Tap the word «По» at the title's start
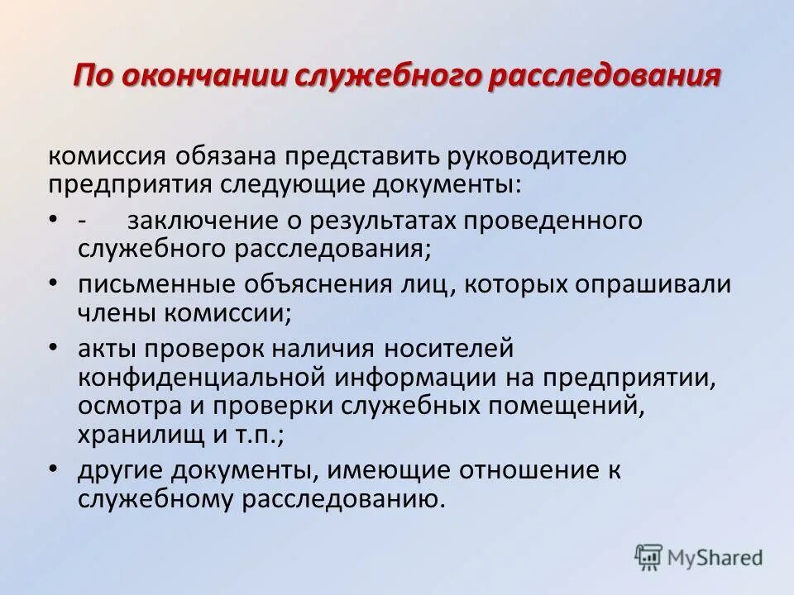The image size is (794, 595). pos(93,77)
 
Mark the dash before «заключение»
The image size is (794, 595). pos(84,221)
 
